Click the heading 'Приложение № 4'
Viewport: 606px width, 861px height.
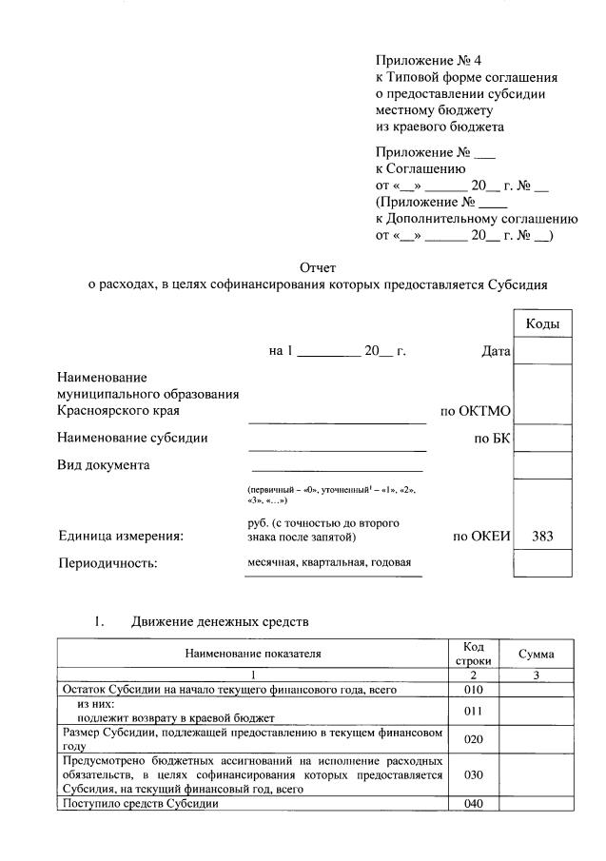421,60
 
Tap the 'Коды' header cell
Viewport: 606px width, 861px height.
542,324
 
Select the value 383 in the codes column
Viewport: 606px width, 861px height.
542,537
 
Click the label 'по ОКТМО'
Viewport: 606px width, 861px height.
476,411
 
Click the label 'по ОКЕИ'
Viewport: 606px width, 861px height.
482,537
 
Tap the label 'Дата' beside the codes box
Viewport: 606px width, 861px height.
496,352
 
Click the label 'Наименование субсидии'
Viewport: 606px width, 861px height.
132,439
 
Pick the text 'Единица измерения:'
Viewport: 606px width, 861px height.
121,537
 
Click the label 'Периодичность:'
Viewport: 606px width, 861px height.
108,563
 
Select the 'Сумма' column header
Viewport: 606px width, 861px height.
537,654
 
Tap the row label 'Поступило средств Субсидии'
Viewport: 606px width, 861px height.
140,804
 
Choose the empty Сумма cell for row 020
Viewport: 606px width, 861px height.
537,739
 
